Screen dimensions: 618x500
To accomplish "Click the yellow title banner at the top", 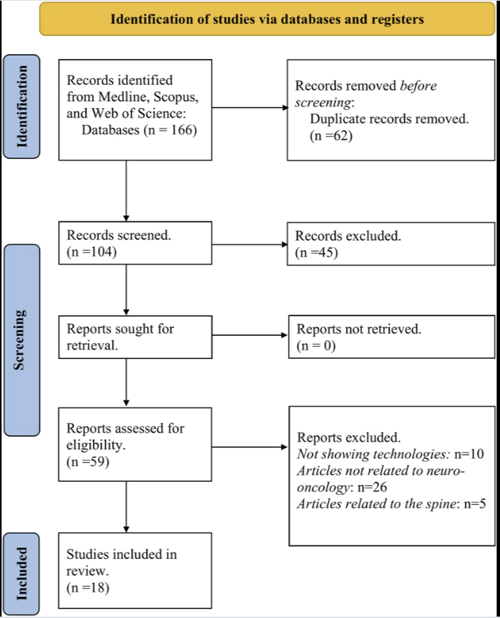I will pyautogui.click(x=267, y=19).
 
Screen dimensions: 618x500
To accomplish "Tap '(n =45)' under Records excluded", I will pyautogui.click(x=317, y=253).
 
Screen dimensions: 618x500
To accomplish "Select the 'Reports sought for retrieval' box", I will pyautogui.click(x=134, y=338).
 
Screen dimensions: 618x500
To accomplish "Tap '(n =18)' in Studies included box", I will pyautogui.click(x=88, y=588).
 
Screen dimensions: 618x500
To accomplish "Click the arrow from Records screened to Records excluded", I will pyautogui.click(x=249, y=245).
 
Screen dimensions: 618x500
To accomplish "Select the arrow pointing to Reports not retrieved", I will pyautogui.click(x=249, y=338).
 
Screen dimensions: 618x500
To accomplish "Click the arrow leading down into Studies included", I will pyautogui.click(x=126, y=507).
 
